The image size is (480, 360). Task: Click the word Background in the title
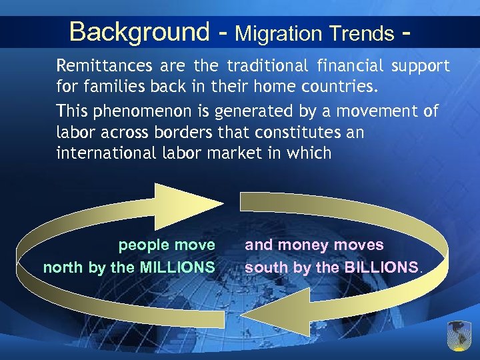point(139,31)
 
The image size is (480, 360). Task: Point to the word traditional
point(267,66)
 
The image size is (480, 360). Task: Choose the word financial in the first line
point(351,66)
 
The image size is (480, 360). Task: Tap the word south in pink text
point(264,268)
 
